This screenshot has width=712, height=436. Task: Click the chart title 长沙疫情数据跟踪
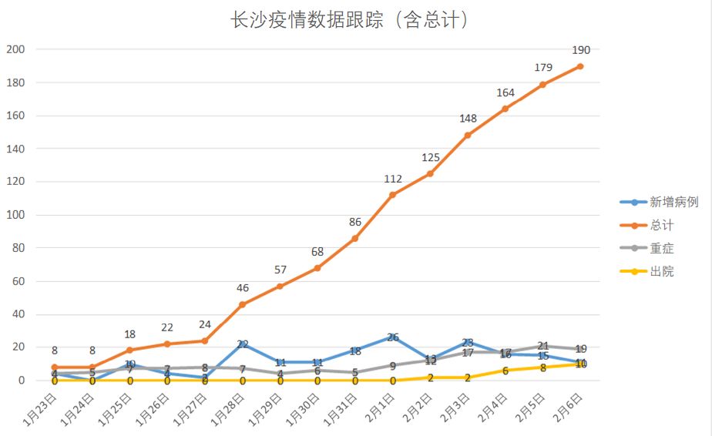pyautogui.click(x=350, y=20)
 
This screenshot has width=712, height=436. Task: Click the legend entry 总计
pyautogui.click(x=662, y=226)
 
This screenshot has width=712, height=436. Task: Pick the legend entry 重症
pyautogui.click(x=662, y=249)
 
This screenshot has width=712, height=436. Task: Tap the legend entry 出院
pyautogui.click(x=662, y=272)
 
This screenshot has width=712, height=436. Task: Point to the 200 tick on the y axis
pyautogui.click(x=16, y=49)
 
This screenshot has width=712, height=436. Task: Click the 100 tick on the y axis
pyautogui.click(x=16, y=215)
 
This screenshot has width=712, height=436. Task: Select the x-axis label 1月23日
pyautogui.click(x=39, y=412)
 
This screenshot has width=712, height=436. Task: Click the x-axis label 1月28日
pyautogui.click(x=228, y=412)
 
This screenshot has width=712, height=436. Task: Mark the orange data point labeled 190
pyautogui.click(x=580, y=66)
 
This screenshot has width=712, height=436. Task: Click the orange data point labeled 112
pyautogui.click(x=393, y=195)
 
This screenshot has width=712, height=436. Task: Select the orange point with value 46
pyautogui.click(x=243, y=304)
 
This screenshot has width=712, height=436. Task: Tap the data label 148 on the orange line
pyautogui.click(x=468, y=119)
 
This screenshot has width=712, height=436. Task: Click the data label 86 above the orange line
pyautogui.click(x=355, y=223)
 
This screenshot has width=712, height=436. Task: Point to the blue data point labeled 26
pyautogui.click(x=393, y=337)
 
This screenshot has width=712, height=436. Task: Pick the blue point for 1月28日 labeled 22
pyautogui.click(x=243, y=344)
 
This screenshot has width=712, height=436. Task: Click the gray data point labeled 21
pyautogui.click(x=543, y=346)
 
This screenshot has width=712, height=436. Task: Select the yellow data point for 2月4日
pyautogui.click(x=505, y=371)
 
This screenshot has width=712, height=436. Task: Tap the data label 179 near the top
pyautogui.click(x=543, y=68)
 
